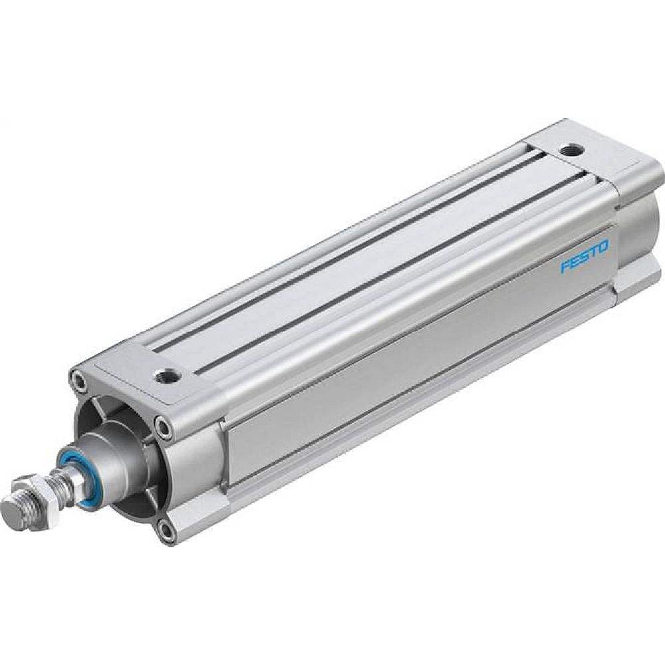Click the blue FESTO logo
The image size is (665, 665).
tap(584, 257)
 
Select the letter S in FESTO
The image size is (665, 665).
tap(583, 257)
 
